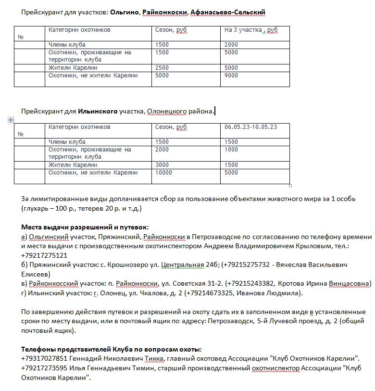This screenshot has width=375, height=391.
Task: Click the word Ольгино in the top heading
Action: (x=124, y=12)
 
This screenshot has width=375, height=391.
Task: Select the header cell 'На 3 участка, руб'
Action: (x=251, y=30)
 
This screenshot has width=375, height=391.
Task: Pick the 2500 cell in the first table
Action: (x=162, y=68)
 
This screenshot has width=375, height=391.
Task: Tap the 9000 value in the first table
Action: (x=231, y=76)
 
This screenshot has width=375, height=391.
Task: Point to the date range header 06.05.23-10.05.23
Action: (x=251, y=127)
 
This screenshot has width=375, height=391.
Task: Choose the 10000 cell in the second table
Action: (x=164, y=173)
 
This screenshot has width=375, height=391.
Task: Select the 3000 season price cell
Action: (x=162, y=165)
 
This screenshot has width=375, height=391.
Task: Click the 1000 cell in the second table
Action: (x=231, y=150)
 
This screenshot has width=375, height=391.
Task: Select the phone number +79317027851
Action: (x=44, y=358)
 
